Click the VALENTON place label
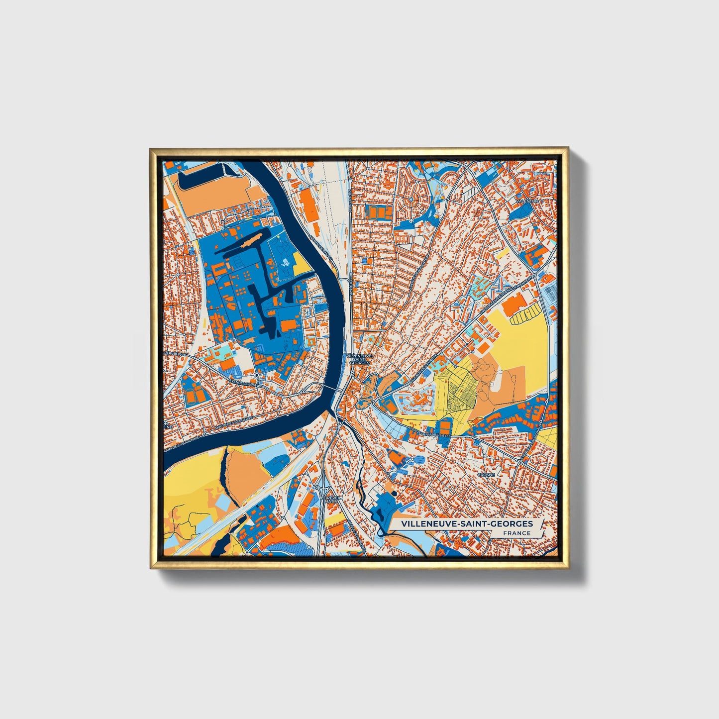[527, 201]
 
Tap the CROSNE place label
[486, 475]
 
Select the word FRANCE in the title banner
[516, 533]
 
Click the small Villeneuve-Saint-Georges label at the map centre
[358, 359]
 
